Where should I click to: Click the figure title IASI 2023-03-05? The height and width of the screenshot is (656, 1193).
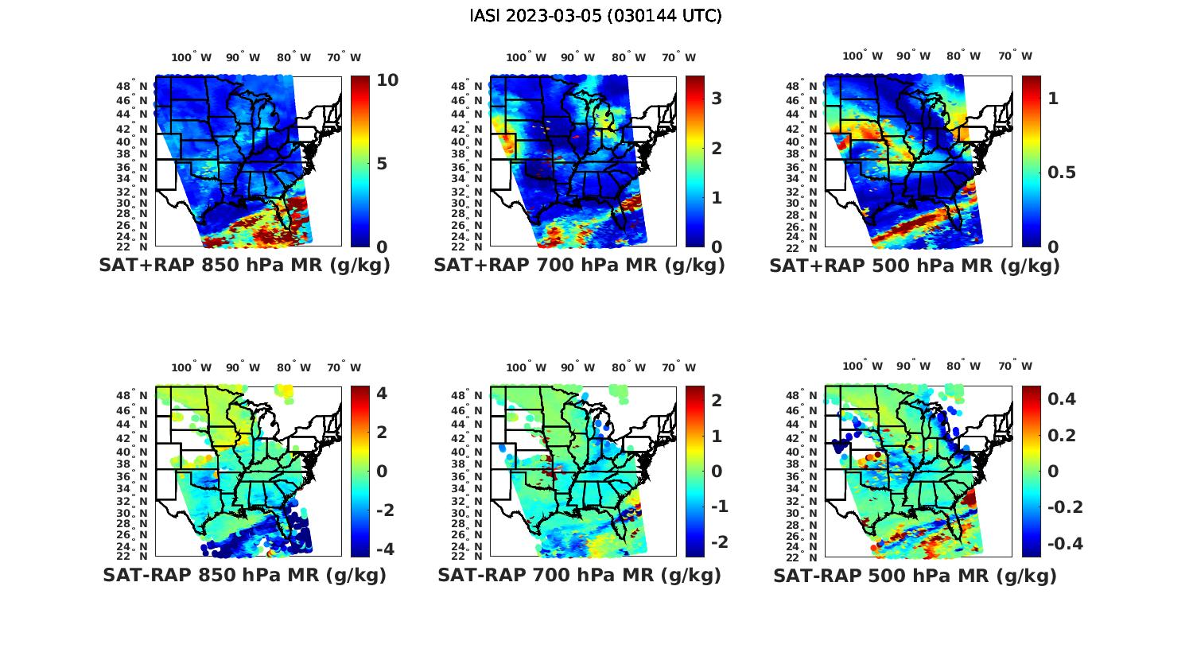[x=596, y=16]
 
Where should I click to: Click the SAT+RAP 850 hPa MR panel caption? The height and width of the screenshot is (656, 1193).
[x=244, y=266]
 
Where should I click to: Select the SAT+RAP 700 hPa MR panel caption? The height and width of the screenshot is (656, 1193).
[x=579, y=266]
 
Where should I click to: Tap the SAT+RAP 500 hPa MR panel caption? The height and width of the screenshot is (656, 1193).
[x=915, y=266]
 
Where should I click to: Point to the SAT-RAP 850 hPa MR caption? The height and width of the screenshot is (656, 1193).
[x=244, y=575]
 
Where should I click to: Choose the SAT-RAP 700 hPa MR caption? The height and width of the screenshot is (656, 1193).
[x=579, y=575]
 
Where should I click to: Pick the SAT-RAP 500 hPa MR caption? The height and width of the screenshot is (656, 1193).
[x=915, y=575]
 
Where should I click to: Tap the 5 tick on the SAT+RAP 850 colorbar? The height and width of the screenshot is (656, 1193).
[x=382, y=164]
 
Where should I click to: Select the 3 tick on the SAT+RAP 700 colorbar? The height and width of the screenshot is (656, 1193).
[x=717, y=99]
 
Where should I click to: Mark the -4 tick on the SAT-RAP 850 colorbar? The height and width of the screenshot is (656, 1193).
[x=384, y=549]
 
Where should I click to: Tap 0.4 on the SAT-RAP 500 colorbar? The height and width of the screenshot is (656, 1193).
[x=1062, y=399]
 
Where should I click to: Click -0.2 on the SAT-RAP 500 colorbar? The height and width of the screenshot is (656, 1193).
[x=1065, y=507]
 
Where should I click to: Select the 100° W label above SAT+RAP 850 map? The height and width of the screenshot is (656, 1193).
[x=192, y=57]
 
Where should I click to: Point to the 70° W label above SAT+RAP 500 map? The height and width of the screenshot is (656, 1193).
[x=1015, y=56]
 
